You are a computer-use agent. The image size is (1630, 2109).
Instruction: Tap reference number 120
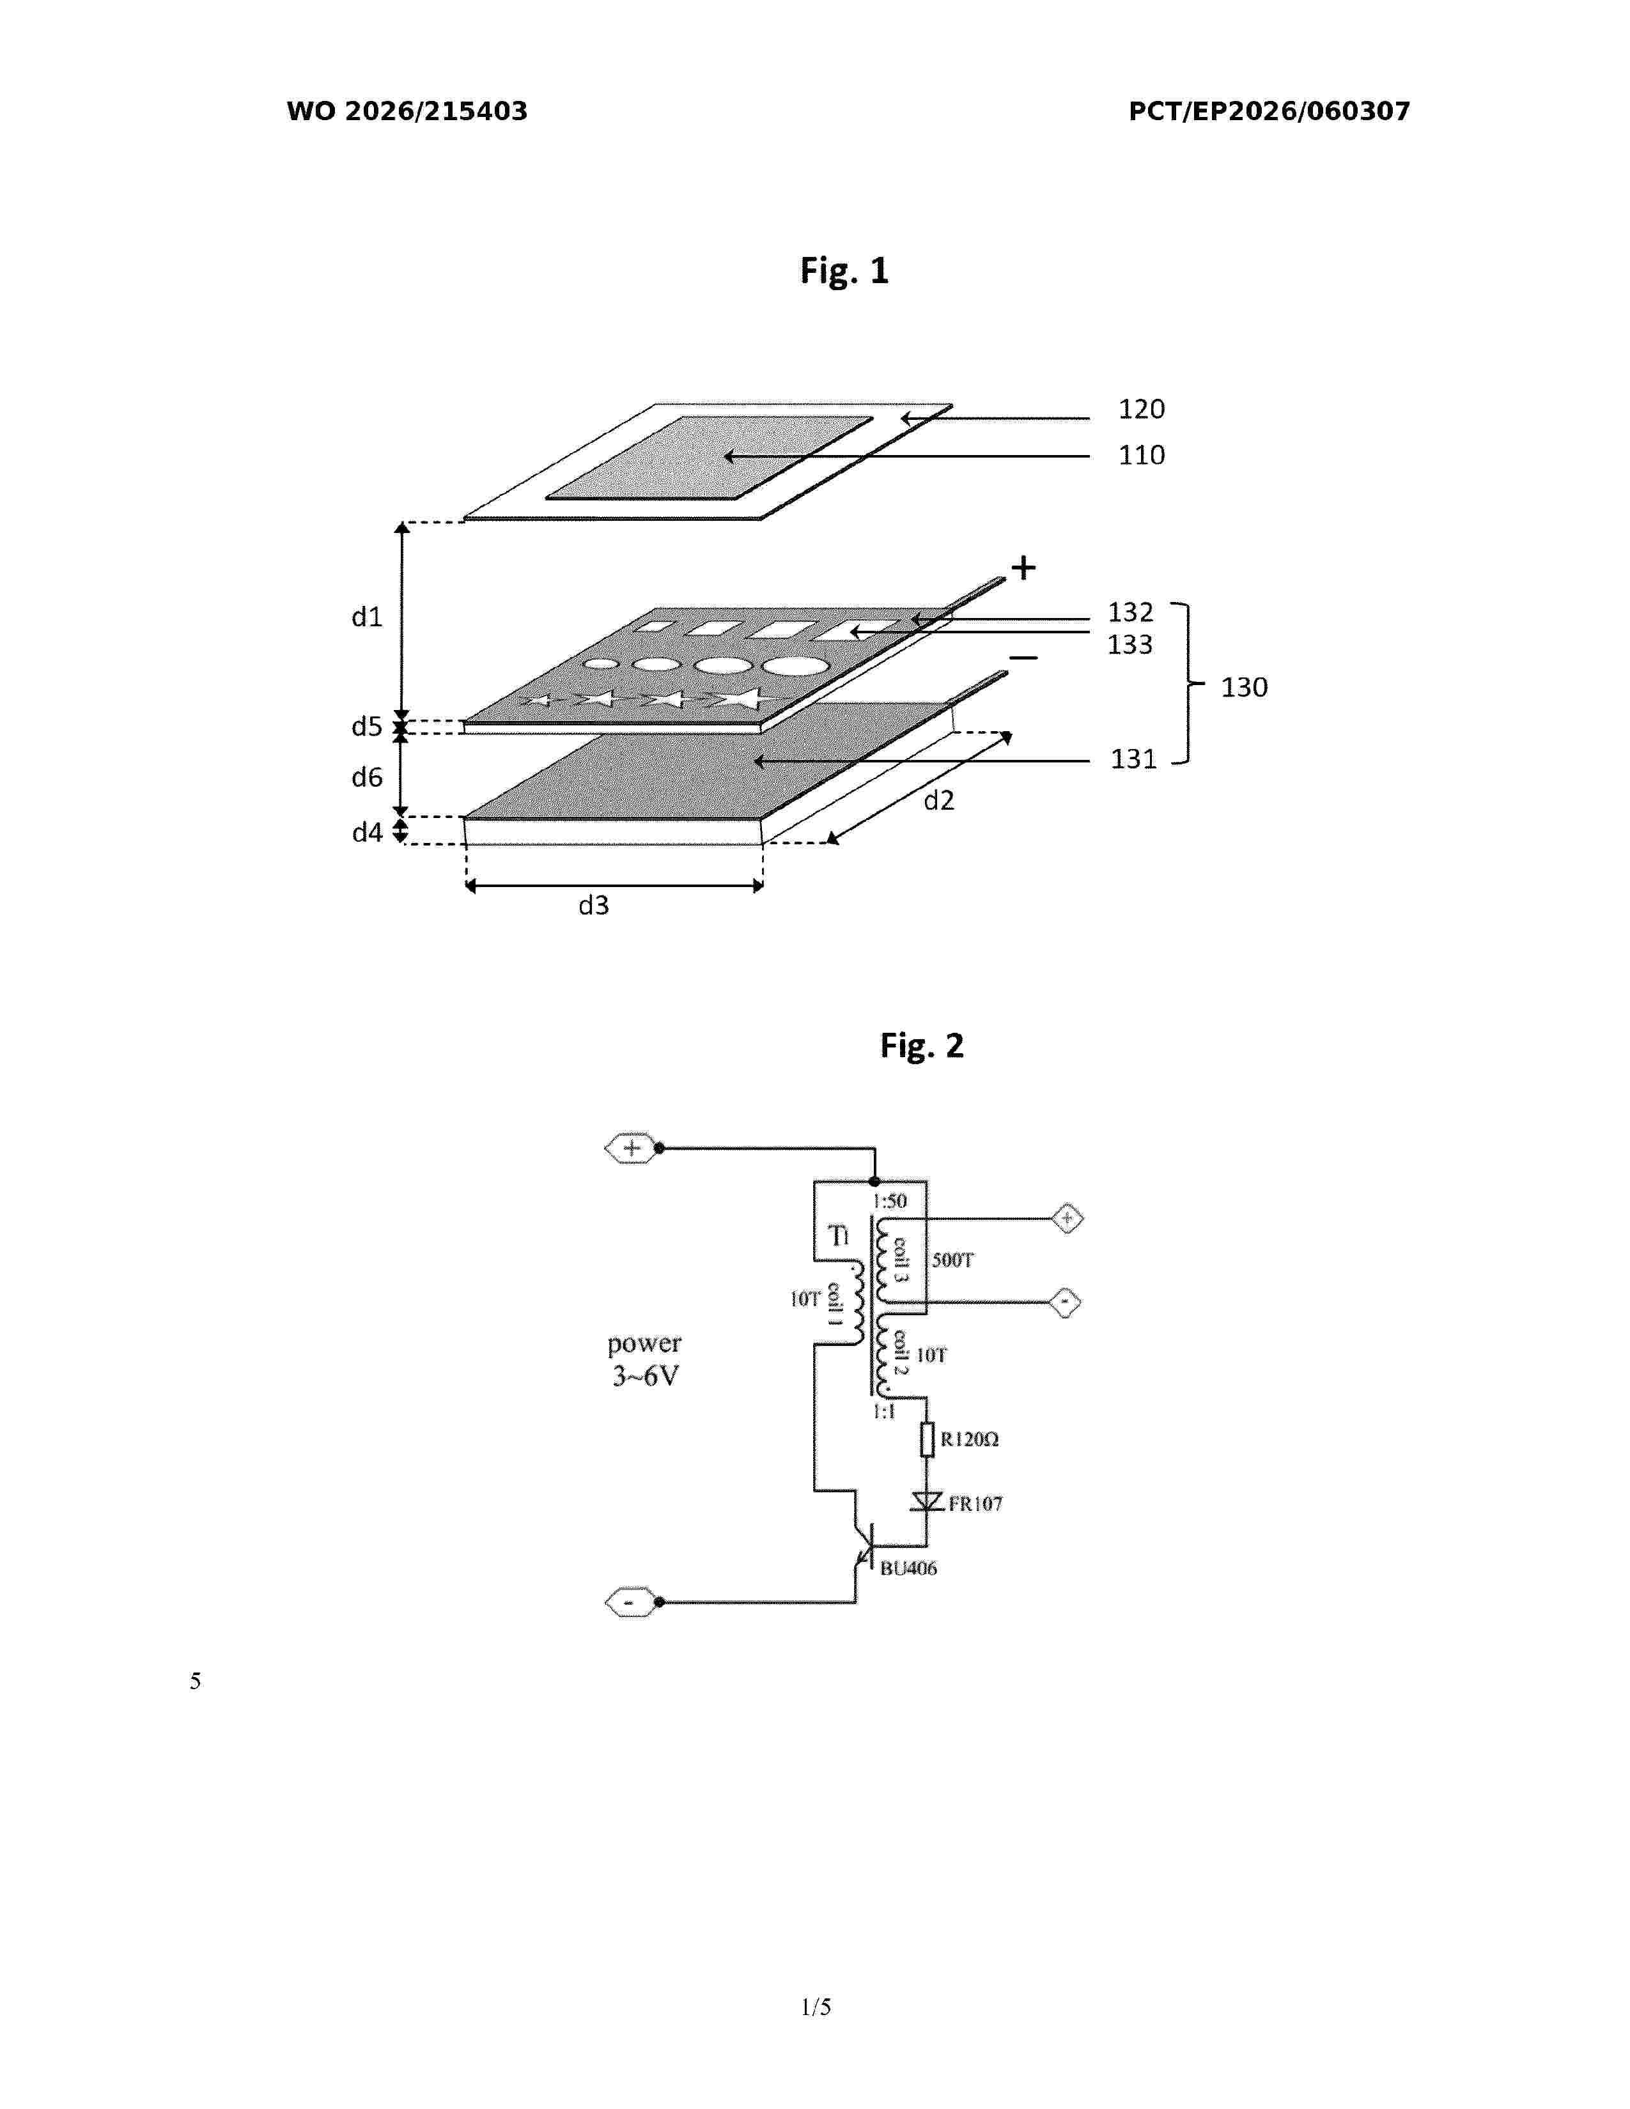click(1142, 410)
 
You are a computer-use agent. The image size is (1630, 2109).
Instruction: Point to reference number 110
click(1142, 455)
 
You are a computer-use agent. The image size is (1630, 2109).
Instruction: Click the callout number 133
click(1129, 644)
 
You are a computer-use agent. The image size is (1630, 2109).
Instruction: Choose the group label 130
click(1244, 688)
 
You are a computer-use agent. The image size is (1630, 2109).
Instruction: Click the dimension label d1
click(367, 617)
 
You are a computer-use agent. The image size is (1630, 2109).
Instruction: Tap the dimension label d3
click(593, 906)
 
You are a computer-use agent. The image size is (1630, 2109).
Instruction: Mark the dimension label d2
click(938, 801)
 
